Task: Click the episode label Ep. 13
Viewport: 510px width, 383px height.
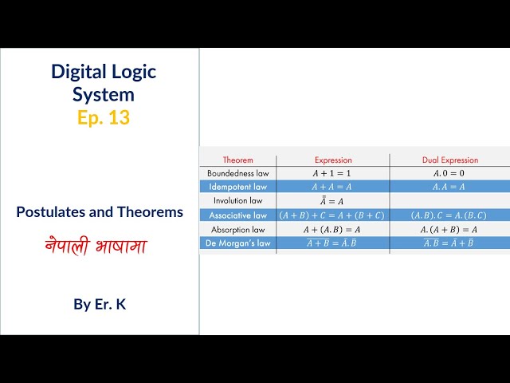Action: pyautogui.click(x=103, y=117)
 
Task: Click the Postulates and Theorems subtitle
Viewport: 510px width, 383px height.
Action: pyautogui.click(x=100, y=212)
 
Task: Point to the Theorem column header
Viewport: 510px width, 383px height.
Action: pyautogui.click(x=237, y=160)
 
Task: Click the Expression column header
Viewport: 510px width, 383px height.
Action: pyautogui.click(x=333, y=160)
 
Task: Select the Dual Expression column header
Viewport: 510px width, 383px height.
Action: pyautogui.click(x=449, y=160)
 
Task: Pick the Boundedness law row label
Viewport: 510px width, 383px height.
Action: pyautogui.click(x=237, y=173)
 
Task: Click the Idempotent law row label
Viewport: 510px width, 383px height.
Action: pyautogui.click(x=237, y=187)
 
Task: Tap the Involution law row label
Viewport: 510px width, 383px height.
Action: pyautogui.click(x=237, y=200)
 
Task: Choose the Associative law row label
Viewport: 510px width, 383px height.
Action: pyautogui.click(x=237, y=215)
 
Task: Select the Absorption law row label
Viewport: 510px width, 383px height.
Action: pyautogui.click(x=237, y=229)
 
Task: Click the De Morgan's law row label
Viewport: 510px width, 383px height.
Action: pyautogui.click(x=237, y=243)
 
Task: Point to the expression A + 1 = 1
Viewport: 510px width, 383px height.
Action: pyautogui.click(x=333, y=173)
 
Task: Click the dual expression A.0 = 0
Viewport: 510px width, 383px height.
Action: pyautogui.click(x=449, y=173)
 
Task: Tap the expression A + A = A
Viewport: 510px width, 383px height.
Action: pyautogui.click(x=333, y=187)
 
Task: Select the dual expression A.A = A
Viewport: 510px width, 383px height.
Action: pyautogui.click(x=449, y=187)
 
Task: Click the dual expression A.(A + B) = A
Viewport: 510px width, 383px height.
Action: pyautogui.click(x=449, y=229)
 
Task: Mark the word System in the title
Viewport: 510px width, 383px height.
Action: pyautogui.click(x=103, y=94)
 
